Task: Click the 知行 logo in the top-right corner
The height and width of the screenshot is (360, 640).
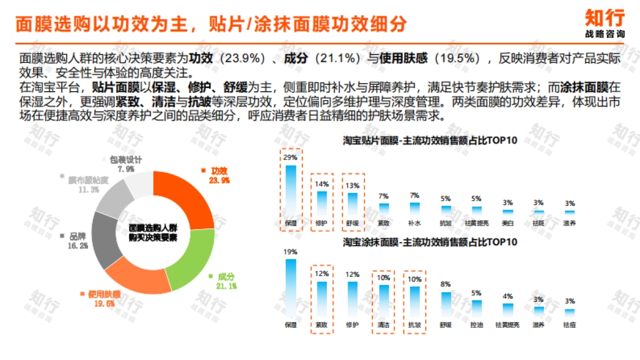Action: point(604,23)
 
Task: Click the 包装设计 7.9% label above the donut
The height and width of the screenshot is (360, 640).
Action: point(126,164)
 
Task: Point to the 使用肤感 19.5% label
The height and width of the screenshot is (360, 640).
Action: point(104,299)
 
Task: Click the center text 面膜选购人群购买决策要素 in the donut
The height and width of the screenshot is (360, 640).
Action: point(153,232)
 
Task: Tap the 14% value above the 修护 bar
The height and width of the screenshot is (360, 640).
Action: point(322,184)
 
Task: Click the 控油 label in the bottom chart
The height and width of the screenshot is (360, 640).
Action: point(476,324)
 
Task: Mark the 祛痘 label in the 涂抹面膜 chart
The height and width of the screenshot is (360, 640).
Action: point(569,324)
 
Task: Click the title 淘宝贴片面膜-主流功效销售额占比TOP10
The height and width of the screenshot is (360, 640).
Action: point(429,141)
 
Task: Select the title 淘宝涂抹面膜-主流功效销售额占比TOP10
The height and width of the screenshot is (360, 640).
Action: point(429,242)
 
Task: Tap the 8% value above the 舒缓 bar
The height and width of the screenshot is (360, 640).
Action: point(446,284)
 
